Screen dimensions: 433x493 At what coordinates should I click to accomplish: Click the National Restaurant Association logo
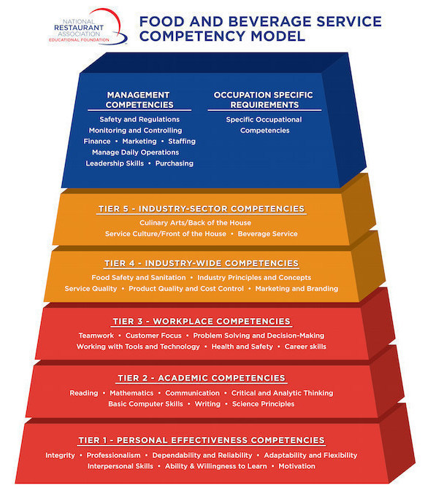tap(88, 28)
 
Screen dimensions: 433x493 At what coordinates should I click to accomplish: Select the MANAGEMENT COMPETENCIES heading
tap(139, 100)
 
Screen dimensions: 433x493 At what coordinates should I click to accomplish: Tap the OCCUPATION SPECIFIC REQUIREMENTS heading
tap(264, 100)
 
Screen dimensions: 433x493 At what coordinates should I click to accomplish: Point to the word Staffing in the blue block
tap(182, 141)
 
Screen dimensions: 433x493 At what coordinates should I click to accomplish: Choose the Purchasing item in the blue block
tap(174, 163)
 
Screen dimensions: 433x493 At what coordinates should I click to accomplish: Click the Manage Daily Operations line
tap(135, 152)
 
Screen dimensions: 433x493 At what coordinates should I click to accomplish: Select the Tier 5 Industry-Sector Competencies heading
tap(202, 209)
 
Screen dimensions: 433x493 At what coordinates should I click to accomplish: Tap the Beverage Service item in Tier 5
tap(267, 233)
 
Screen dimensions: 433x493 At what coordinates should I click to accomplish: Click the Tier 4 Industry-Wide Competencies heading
tap(202, 263)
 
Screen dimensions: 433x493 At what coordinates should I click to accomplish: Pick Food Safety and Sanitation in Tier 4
tap(139, 278)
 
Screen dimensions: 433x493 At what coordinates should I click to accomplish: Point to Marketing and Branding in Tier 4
tap(296, 289)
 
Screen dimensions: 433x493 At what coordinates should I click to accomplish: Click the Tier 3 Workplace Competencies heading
tap(202, 322)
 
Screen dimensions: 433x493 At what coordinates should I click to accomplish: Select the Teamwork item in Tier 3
tap(96, 335)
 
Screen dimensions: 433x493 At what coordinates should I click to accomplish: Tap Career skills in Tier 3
tap(305, 346)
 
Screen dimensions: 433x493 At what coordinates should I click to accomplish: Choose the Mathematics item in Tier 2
tap(131, 393)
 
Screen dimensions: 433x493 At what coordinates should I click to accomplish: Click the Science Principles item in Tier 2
tap(263, 404)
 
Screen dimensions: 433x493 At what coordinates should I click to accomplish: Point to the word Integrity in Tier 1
tap(60, 455)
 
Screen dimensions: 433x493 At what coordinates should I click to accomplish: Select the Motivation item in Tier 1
tap(296, 466)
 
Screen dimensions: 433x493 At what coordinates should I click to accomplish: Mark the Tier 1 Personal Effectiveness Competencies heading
tap(202, 440)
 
